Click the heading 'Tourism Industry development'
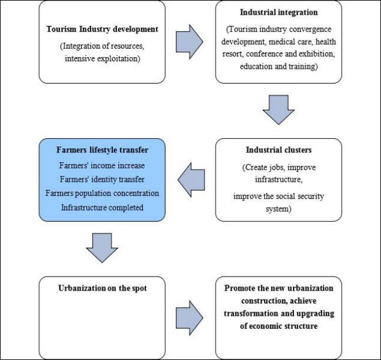coord(102,29)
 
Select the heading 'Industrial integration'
coord(279,12)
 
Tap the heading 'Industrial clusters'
coord(279,150)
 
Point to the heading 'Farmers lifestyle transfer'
coord(102,150)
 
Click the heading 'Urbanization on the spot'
coord(102,288)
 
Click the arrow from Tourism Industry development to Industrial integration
coord(189,42)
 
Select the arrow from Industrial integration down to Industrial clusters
coord(279,109)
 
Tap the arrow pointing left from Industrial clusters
coord(191,180)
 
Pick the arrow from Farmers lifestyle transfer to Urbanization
coord(102,248)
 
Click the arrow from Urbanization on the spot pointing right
coord(189,318)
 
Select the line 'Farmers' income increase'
coord(102,165)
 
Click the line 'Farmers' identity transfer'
coord(102,179)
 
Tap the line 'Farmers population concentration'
coord(102,194)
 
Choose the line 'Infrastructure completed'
coord(102,208)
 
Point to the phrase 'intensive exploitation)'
coord(102,59)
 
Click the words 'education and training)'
coord(279,66)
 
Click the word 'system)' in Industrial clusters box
coord(279,209)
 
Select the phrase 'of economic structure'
coord(279,326)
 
